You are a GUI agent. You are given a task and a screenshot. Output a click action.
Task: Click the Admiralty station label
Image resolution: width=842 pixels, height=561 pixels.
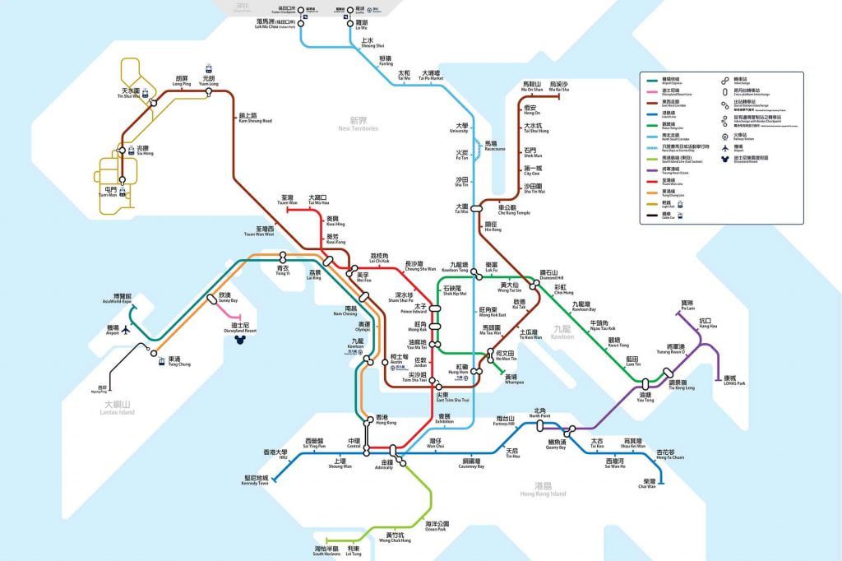pyautogui.click(x=384, y=465)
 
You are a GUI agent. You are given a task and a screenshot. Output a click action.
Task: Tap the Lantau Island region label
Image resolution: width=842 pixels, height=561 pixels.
pyautogui.click(x=118, y=407)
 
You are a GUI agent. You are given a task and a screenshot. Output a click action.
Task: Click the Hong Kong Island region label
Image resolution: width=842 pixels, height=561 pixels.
pyautogui.click(x=543, y=490)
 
